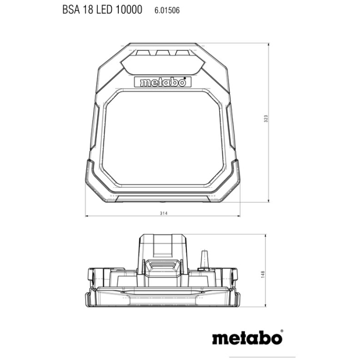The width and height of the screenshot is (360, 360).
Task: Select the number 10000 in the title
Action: (x=129, y=10)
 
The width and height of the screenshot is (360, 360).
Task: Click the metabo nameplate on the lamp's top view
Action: (x=163, y=82)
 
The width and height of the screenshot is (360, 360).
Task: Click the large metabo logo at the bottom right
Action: (x=246, y=337)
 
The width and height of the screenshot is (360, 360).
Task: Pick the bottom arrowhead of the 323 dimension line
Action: (x=269, y=202)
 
